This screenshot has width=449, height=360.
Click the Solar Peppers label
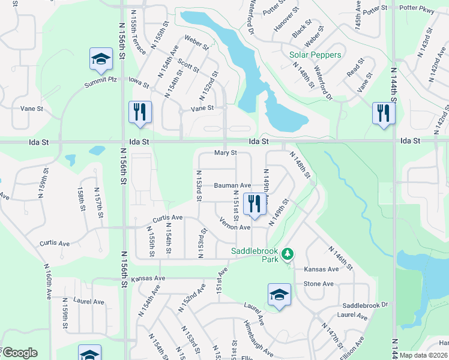315,55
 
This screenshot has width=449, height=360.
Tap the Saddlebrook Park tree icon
288,253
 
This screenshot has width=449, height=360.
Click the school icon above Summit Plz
101,59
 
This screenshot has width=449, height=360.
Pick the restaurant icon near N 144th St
382,113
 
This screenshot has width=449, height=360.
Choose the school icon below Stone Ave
279,295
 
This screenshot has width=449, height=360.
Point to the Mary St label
226,154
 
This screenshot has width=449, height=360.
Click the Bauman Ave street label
232,186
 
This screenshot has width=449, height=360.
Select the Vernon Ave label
235,227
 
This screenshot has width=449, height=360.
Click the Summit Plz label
100,82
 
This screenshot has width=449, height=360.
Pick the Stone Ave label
318,284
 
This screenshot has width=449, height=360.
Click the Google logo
19,353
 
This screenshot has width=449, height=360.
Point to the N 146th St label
340,257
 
